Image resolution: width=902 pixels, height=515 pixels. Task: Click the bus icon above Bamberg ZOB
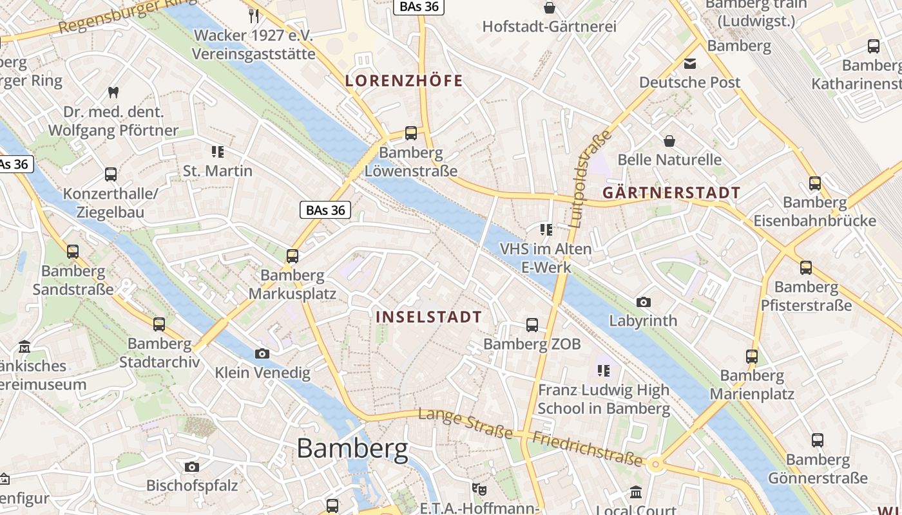click(532, 325)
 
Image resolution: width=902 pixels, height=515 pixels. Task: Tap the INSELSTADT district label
click(428, 317)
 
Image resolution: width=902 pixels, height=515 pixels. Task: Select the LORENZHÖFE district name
click(404, 80)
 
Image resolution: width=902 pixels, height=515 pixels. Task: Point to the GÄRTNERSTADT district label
click(671, 192)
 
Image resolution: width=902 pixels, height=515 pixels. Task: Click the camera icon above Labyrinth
click(643, 302)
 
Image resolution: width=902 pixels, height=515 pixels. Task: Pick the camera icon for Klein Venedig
click(262, 353)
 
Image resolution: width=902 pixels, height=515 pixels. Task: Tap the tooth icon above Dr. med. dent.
click(113, 92)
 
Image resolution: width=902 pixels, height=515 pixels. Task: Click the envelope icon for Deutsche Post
click(690, 63)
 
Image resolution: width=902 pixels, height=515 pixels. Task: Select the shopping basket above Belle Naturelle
click(669, 140)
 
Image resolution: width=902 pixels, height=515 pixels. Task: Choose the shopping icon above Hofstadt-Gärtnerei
click(550, 8)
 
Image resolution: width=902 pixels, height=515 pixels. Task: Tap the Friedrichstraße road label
click(588, 449)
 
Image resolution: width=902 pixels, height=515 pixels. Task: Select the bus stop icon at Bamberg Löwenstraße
click(410, 133)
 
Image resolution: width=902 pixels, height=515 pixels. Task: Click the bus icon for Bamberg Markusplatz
click(293, 256)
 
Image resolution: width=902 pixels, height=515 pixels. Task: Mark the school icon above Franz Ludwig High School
click(604, 370)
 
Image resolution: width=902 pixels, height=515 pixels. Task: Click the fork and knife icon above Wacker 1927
click(254, 15)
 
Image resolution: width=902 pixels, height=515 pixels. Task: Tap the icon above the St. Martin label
click(218, 152)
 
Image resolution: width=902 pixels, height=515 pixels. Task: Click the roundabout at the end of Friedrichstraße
click(656, 464)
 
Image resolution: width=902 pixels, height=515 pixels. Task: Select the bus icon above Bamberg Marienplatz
click(752, 356)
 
